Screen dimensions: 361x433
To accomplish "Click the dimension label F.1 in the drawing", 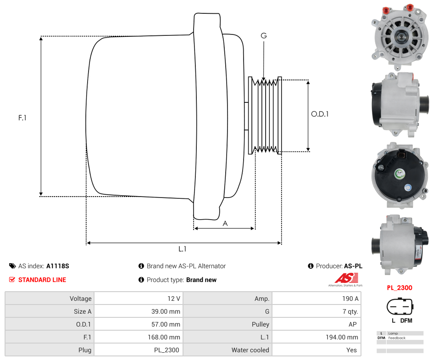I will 22,118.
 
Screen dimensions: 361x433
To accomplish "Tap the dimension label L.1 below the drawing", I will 183,249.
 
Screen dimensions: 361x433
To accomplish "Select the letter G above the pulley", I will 263,36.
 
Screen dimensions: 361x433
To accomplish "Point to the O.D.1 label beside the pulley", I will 320,114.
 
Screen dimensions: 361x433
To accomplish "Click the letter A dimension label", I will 225,224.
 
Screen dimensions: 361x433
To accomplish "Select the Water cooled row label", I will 250,350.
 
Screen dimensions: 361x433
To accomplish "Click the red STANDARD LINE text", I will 42,280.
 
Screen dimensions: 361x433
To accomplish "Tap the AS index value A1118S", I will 57,266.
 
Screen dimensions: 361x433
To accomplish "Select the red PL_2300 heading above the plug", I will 399,288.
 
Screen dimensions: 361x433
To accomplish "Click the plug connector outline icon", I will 400,306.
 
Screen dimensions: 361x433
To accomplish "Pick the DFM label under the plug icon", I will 406,321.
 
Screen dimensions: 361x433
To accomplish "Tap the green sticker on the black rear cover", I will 400,174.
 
